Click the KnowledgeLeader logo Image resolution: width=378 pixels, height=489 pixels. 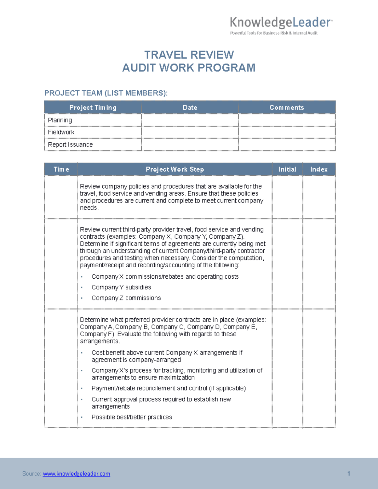pyautogui.click(x=281, y=25)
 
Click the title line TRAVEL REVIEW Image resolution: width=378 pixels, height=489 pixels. pyautogui.click(x=189, y=55)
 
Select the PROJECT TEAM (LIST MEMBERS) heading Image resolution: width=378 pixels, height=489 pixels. pyautogui.click(x=106, y=93)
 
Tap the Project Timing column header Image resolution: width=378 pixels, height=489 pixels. pyautogui.click(x=93, y=108)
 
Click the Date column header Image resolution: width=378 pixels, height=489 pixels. pyautogui.click(x=190, y=108)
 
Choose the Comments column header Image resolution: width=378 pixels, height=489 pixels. pyautogui.click(x=287, y=108)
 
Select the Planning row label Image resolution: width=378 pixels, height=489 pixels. pyautogui.click(x=60, y=120)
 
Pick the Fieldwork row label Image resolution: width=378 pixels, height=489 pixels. pyautogui.click(x=61, y=132)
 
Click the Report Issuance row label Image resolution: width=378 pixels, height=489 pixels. pyautogui.click(x=70, y=145)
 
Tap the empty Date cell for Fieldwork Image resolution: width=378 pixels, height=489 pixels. pyautogui.click(x=190, y=132)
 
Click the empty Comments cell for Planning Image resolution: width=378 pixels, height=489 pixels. pyautogui.click(x=287, y=120)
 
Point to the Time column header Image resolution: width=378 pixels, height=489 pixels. pyautogui.click(x=61, y=169)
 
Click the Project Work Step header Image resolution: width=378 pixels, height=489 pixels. pyautogui.click(x=175, y=169)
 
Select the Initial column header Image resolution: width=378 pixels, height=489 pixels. pyautogui.click(x=287, y=169)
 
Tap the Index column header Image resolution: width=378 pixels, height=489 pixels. pyautogui.click(x=319, y=169)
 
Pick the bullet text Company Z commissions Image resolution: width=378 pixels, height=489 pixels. pyautogui.click(x=126, y=298)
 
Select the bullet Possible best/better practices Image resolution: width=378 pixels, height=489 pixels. pyautogui.click(x=132, y=417)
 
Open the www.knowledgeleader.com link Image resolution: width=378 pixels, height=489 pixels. pyautogui.click(x=77, y=474)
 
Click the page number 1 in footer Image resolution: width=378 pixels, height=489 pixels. pyautogui.click(x=348, y=474)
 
